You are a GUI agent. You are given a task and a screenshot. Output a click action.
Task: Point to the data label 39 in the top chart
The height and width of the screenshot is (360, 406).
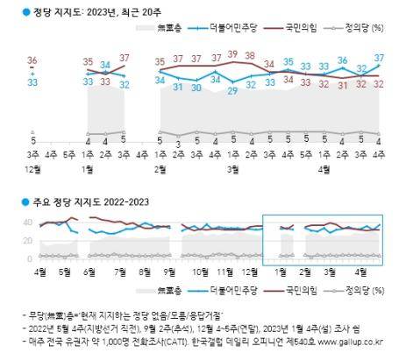233,54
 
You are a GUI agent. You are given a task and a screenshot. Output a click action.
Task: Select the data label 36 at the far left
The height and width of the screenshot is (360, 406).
32,60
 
